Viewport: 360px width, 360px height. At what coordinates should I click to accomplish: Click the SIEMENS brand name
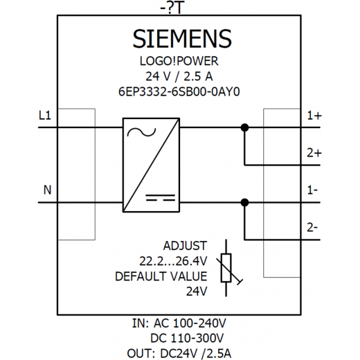(x=182, y=39)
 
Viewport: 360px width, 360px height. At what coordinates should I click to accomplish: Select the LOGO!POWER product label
(x=179, y=61)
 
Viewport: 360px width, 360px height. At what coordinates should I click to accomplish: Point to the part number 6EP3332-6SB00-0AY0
(x=179, y=91)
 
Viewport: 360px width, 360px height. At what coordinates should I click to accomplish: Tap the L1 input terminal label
(x=45, y=116)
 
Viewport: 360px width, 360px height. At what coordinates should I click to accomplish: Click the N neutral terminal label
(x=47, y=190)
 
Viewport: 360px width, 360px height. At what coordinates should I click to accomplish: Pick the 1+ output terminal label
(x=314, y=116)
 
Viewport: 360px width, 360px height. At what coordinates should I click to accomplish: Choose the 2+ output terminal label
(x=314, y=153)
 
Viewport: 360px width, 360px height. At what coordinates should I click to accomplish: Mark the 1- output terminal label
(x=312, y=190)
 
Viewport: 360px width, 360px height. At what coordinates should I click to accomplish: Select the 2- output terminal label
(x=312, y=228)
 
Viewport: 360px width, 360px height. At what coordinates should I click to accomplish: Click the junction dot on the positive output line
(x=244, y=127)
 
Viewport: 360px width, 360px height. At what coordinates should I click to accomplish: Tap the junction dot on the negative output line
(x=244, y=203)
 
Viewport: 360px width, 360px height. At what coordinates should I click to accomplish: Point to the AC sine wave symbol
(x=141, y=132)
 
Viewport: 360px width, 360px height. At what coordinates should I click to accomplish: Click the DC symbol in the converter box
(x=161, y=197)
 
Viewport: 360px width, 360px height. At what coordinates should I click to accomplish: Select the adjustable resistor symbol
(x=226, y=268)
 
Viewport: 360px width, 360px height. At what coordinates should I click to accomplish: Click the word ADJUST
(x=185, y=246)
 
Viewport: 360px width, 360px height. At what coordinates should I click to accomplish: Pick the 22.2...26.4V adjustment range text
(x=173, y=261)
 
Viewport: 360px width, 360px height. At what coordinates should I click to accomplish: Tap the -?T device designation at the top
(x=172, y=9)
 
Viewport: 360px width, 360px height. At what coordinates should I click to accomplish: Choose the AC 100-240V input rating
(x=190, y=323)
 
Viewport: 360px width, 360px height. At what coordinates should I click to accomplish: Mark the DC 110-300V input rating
(x=187, y=339)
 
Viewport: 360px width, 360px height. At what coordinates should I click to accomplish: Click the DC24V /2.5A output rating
(x=196, y=354)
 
